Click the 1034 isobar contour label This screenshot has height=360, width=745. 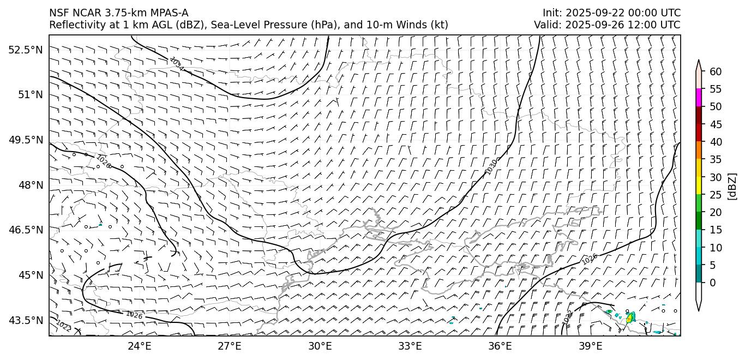pos(176,64)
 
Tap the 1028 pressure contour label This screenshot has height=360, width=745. pos(103,161)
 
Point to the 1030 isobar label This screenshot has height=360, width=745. pos(491,167)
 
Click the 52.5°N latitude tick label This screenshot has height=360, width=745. pos(25,50)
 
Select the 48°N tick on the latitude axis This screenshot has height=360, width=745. pos(30,185)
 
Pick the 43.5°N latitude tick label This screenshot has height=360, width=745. pos(25,320)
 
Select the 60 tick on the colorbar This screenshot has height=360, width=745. pos(716,71)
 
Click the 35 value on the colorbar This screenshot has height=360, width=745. pos(716,159)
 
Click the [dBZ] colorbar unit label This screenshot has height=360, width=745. pos(732,186)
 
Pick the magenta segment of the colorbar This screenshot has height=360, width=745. pos(699,98)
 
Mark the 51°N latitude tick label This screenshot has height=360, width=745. pos(30,95)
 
